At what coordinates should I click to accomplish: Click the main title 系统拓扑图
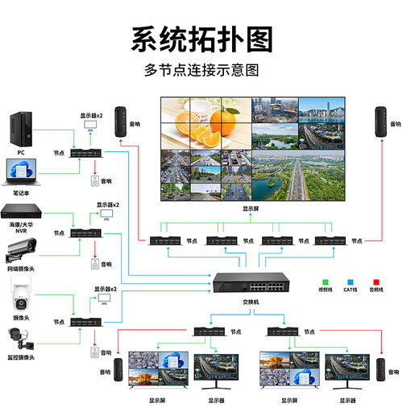[x=201, y=39]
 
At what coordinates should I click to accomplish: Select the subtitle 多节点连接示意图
[x=201, y=70]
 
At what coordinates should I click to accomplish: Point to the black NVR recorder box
[x=22, y=211]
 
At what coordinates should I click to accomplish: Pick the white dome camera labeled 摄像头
[x=21, y=299]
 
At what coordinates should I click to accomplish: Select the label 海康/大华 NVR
[x=22, y=229]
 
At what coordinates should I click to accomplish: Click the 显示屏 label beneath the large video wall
[x=251, y=208]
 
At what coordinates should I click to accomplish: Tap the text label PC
[x=22, y=150]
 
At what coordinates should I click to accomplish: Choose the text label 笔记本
[x=22, y=192]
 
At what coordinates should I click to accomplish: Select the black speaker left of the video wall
[x=122, y=122]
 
